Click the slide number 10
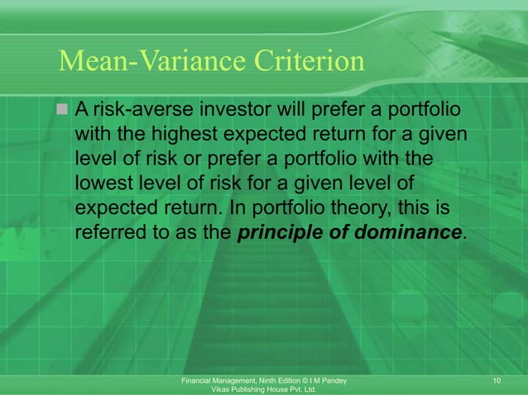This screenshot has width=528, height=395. tap(497, 380)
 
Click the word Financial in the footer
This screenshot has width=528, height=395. tap(197, 380)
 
